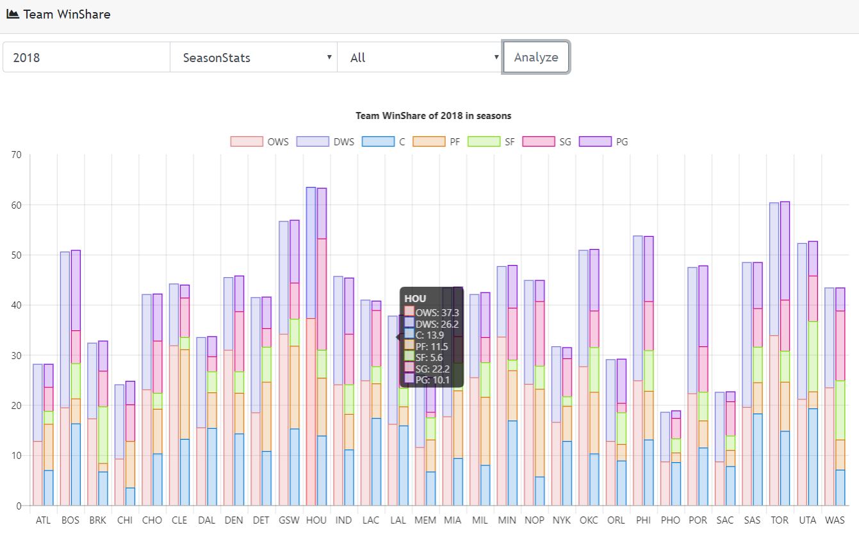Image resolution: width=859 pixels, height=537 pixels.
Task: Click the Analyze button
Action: point(536,57)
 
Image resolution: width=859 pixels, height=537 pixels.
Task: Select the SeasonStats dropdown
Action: point(253,58)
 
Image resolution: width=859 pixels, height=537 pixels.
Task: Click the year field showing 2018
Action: point(86,58)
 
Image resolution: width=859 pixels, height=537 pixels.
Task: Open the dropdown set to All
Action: point(420,58)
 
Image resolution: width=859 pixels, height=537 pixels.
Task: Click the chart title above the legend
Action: point(433,116)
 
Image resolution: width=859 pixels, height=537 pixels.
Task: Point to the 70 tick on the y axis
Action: point(16,155)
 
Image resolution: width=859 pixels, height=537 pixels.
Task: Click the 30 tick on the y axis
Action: point(16,355)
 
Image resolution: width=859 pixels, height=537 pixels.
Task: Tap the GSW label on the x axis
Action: point(288,520)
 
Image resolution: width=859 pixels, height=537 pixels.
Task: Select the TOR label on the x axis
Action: point(780,520)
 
